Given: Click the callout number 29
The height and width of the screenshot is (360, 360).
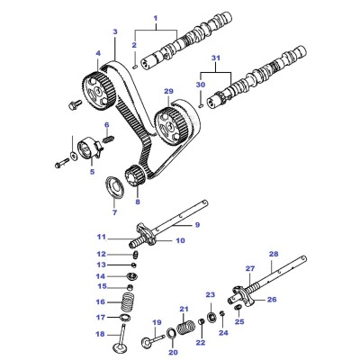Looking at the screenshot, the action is pyautogui.click(x=168, y=91).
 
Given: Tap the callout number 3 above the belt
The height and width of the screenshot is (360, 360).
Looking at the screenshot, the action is pyautogui.click(x=115, y=31).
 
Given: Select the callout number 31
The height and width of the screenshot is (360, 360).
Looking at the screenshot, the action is pyautogui.click(x=216, y=58).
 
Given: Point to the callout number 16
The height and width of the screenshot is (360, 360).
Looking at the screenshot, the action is pyautogui.click(x=101, y=301).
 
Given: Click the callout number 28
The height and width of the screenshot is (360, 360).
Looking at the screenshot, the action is pyautogui.click(x=274, y=255).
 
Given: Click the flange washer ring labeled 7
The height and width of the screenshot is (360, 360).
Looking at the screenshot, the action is pyautogui.click(x=114, y=188).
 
